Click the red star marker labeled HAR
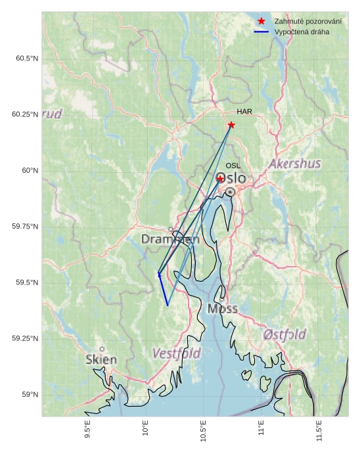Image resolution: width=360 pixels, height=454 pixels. click(231, 125)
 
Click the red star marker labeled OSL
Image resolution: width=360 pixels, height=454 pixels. click(220, 178)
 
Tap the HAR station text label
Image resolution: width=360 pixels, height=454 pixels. click(244, 112)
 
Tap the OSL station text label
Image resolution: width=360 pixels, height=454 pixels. click(233, 166)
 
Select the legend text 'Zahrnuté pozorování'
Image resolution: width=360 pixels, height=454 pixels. click(307, 22)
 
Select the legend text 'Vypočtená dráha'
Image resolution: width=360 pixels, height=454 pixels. click(302, 32)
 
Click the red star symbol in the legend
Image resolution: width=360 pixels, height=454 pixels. click(261, 22)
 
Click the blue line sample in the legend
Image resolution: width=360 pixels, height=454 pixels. click(261, 32)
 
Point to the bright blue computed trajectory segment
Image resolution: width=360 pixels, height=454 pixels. click(163, 290)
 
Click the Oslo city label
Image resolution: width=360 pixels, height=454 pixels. click(231, 178)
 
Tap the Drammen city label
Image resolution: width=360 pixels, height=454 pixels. click(170, 240)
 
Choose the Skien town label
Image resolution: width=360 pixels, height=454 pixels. click(101, 359)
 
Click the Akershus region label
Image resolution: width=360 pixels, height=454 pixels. click(299, 164)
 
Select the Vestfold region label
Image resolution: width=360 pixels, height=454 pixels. click(177, 353)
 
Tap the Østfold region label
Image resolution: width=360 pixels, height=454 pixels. click(284, 334)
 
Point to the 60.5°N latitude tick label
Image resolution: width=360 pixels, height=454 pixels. click(27, 58)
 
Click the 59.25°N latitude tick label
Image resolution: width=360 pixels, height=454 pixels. click(25, 338)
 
